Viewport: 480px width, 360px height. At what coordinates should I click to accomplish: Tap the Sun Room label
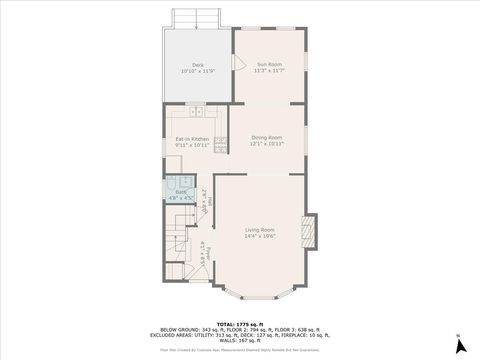(269, 64)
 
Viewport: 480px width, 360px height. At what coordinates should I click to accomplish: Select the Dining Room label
(267, 137)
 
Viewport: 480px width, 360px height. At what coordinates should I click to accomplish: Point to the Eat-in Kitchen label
(192, 138)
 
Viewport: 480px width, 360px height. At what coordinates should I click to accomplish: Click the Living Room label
(260, 229)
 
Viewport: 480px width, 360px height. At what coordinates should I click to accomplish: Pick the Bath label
(180, 191)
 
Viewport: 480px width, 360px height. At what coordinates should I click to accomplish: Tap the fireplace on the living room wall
(310, 231)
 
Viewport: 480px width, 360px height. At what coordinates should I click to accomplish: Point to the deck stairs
(196, 18)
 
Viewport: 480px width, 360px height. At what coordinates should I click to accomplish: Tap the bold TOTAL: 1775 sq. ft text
(240, 324)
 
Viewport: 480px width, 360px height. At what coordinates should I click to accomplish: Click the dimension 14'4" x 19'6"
(260, 237)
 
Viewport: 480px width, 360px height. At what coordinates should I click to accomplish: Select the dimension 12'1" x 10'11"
(267, 144)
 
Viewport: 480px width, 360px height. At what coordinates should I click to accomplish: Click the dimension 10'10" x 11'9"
(198, 71)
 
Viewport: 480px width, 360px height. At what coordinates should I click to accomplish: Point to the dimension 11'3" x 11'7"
(269, 71)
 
